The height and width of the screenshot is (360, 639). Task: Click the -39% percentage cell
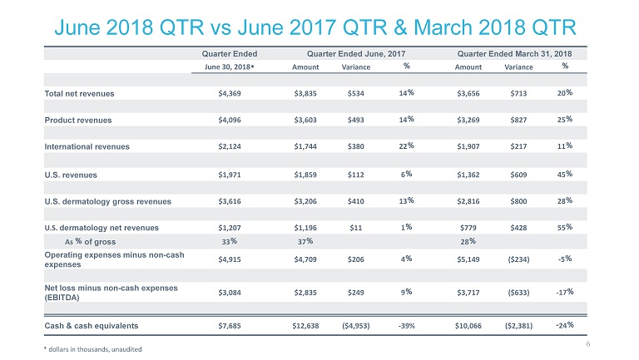pyautogui.click(x=407, y=324)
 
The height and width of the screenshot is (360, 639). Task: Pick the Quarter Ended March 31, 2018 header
pyautogui.click(x=518, y=53)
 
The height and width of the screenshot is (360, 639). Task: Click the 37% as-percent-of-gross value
pyautogui.click(x=305, y=241)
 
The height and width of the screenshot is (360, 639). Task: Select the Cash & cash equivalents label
pyautogui.click(x=92, y=324)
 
